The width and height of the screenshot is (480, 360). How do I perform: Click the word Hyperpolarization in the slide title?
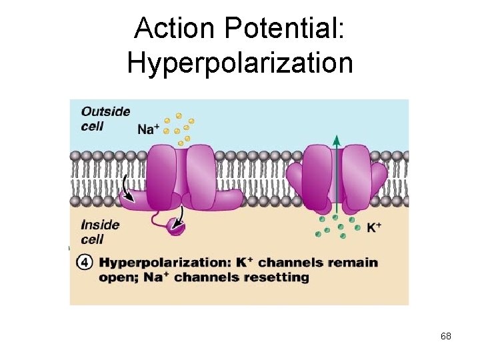(239, 63)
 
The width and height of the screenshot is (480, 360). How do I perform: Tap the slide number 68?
(446, 336)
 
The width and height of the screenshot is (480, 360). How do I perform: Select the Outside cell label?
(105, 118)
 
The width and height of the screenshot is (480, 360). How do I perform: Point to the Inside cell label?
(100, 232)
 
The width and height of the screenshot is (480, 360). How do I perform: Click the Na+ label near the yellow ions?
(149, 128)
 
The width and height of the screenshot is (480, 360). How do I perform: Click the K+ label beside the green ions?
(374, 228)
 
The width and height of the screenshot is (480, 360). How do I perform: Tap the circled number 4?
(85, 262)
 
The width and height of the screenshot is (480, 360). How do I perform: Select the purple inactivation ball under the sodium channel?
(176, 227)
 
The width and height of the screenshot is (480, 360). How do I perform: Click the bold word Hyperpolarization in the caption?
(166, 262)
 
